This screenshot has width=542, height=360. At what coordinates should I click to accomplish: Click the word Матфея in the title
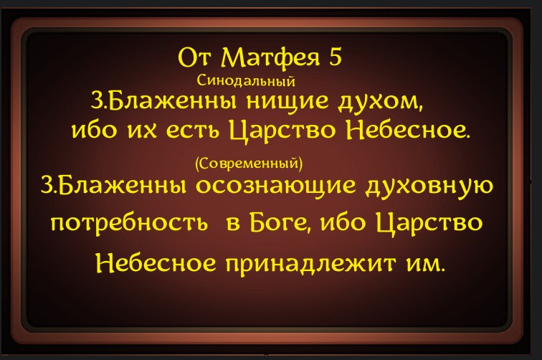click(270, 58)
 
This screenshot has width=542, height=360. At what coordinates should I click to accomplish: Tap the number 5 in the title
click(336, 57)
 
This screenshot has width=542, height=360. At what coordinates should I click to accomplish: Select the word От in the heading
click(194, 58)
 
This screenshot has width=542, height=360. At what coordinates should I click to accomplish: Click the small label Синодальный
click(246, 81)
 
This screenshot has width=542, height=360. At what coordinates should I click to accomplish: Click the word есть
click(192, 131)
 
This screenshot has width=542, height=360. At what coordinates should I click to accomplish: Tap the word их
click(141, 131)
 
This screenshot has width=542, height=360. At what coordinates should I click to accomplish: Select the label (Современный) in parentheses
click(249, 164)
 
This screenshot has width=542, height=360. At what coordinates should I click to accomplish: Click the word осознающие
click(276, 186)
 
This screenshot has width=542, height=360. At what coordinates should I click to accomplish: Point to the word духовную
click(429, 186)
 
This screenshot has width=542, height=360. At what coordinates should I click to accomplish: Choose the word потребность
click(129, 224)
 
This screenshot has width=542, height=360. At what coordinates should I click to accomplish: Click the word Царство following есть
click(282, 131)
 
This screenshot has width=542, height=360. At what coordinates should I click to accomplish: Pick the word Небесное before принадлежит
click(156, 263)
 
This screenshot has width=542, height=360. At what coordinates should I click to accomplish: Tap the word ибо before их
click(94, 130)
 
